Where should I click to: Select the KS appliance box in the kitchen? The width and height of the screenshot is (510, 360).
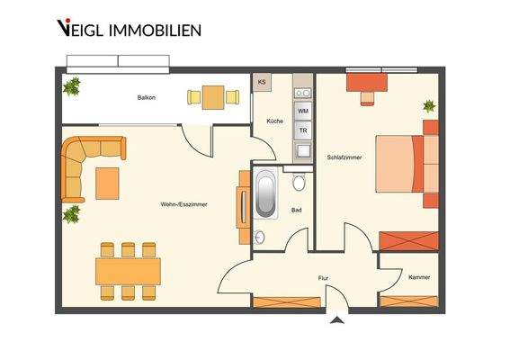[x=262, y=82]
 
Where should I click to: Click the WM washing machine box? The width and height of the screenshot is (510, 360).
[x=302, y=110]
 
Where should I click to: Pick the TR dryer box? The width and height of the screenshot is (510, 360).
[x=302, y=130]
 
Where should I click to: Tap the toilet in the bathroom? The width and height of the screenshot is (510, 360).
[x=299, y=183]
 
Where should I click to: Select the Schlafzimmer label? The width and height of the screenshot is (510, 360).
[x=344, y=157]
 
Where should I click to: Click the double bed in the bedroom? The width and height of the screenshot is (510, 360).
[x=406, y=166]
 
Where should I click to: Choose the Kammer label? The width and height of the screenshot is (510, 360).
[x=419, y=277]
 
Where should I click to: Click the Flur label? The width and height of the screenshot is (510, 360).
[x=323, y=279]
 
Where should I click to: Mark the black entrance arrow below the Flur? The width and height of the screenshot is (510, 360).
[x=336, y=318]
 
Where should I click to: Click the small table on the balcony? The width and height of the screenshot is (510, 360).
[x=212, y=96]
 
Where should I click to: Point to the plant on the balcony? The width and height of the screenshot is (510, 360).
[x=72, y=86]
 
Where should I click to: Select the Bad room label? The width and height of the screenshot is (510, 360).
[x=296, y=211]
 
